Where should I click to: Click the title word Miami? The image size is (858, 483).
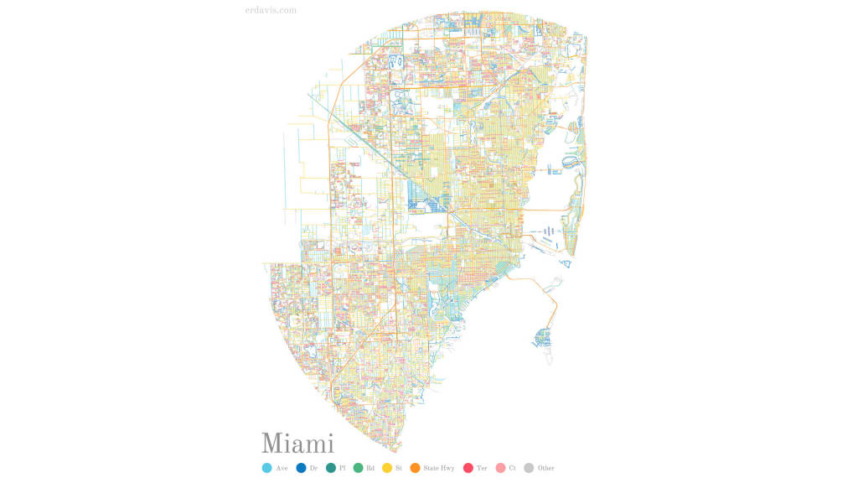pos(297,444)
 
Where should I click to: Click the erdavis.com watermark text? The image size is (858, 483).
pos(266,11)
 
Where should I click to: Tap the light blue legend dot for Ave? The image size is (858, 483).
pos(266,468)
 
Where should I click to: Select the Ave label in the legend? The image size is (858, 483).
pos(282,468)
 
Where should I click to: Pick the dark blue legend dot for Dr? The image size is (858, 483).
pos(301,468)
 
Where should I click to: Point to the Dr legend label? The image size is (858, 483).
pos(314,468)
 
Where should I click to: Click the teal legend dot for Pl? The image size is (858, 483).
pos(330,468)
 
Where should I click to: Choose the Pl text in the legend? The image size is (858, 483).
pos(343,468)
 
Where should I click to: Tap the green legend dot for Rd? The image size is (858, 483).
pos(358,468)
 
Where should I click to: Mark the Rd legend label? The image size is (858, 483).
pos(370,468)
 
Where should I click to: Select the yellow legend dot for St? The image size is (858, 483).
pos(386,468)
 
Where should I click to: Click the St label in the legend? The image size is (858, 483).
pos(399,468)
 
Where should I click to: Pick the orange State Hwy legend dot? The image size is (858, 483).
pos(415,468)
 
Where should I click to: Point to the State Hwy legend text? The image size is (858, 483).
pos(439,468)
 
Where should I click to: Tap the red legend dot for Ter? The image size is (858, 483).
pos(468,468)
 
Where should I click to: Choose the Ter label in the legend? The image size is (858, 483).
pos(482,468)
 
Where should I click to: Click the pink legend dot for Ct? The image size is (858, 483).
pos(500,468)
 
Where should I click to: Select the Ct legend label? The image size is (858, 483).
pos(512,468)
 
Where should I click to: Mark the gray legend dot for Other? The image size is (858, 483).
pos(529,468)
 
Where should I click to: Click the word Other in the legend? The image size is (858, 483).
pos(546,468)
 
